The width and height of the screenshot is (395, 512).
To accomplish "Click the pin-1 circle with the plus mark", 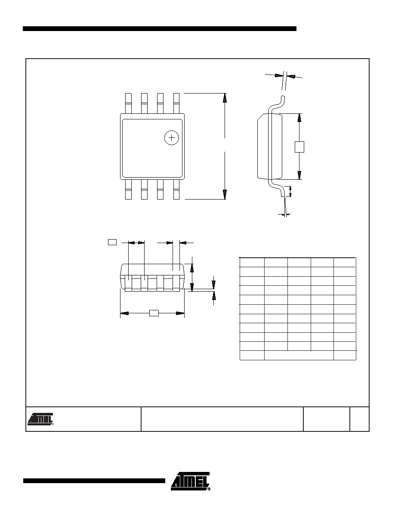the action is (x=171, y=138).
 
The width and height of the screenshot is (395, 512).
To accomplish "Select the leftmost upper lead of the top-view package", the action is (x=128, y=103).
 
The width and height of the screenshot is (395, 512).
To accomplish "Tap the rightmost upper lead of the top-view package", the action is (x=176, y=103).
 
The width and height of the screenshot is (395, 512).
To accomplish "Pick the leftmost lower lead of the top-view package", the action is (x=128, y=189).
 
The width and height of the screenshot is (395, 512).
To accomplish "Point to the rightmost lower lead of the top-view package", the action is (x=176, y=189).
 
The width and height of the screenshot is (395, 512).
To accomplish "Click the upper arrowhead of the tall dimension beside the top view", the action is (x=225, y=98).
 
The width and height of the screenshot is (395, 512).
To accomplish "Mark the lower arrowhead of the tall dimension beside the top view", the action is (x=225, y=195).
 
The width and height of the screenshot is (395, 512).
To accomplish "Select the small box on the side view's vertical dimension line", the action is (x=299, y=147).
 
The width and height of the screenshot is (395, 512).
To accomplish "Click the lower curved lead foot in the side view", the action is (x=277, y=188).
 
